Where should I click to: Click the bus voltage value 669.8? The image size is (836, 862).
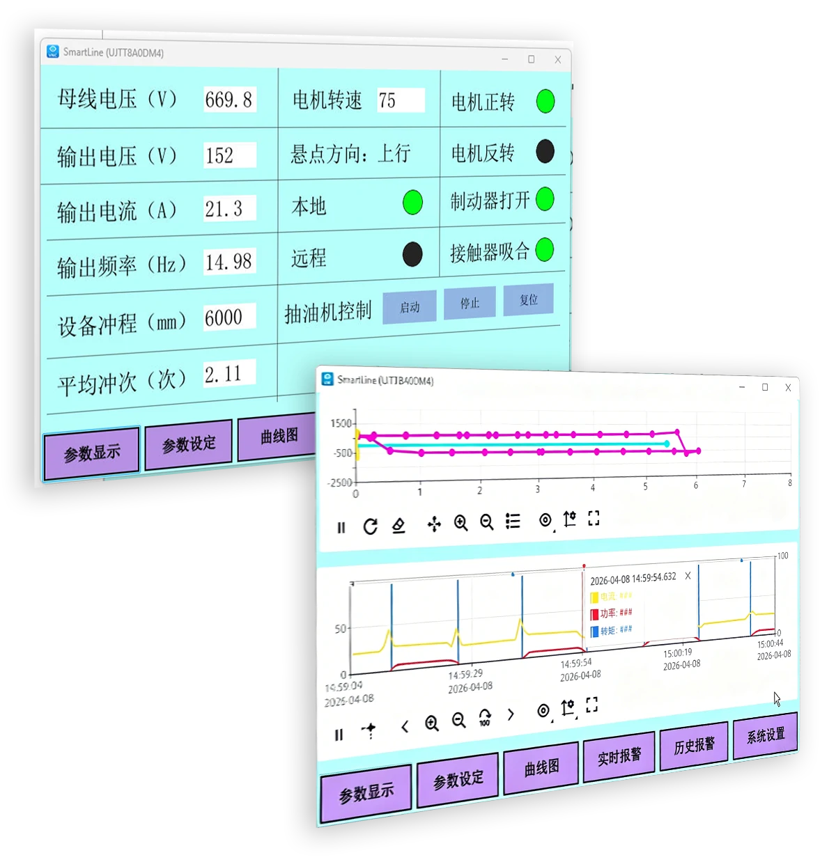coord(229,100)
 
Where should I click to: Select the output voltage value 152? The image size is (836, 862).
coord(229,155)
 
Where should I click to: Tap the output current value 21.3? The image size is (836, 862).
coord(229,208)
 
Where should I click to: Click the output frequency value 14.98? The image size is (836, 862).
coord(229,262)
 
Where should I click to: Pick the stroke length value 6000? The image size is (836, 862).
coord(229,318)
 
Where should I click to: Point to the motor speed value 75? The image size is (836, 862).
coord(400,100)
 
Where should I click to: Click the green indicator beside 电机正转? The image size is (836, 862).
coord(545,102)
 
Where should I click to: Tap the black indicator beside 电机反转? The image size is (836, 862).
coord(545,151)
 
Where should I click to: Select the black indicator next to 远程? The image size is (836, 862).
coord(412,254)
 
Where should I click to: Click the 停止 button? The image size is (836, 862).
coord(470,304)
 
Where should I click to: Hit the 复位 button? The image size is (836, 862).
coord(528,300)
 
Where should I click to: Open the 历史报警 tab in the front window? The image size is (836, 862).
coord(694,746)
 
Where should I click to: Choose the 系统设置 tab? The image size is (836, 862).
coord(765,735)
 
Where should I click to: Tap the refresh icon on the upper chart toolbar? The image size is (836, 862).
coord(371,526)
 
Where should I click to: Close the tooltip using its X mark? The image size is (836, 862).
coord(688,576)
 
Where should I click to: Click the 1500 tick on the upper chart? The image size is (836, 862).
coord(341,423)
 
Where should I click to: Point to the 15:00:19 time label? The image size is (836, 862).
coord(678,654)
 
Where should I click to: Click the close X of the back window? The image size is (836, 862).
coord(557,60)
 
